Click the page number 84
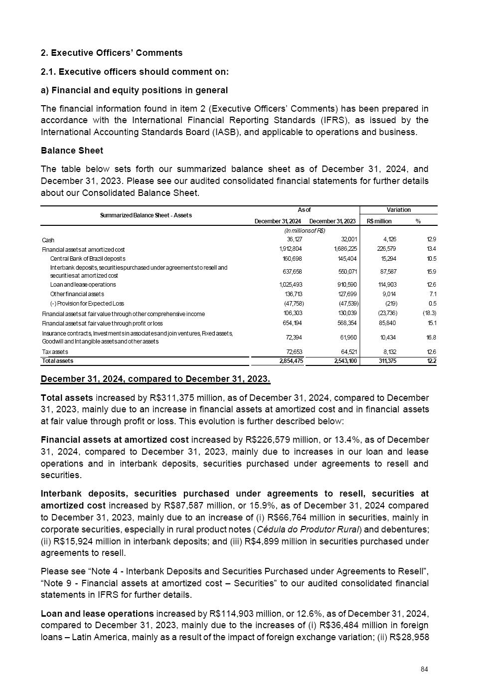[x=424, y=669]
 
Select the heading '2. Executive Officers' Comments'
[x=112, y=53]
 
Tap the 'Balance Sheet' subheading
[x=72, y=151]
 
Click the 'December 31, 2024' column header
[x=278, y=221]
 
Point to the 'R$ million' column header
[x=379, y=221]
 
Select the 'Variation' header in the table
[x=398, y=210]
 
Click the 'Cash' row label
[x=48, y=240]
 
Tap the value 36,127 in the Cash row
[x=293, y=239]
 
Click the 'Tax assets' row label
[x=55, y=352]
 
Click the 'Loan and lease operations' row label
[x=83, y=285]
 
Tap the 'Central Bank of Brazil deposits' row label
[x=88, y=259]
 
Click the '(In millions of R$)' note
[x=305, y=231]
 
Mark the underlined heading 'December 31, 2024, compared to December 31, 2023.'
[x=156, y=379]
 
